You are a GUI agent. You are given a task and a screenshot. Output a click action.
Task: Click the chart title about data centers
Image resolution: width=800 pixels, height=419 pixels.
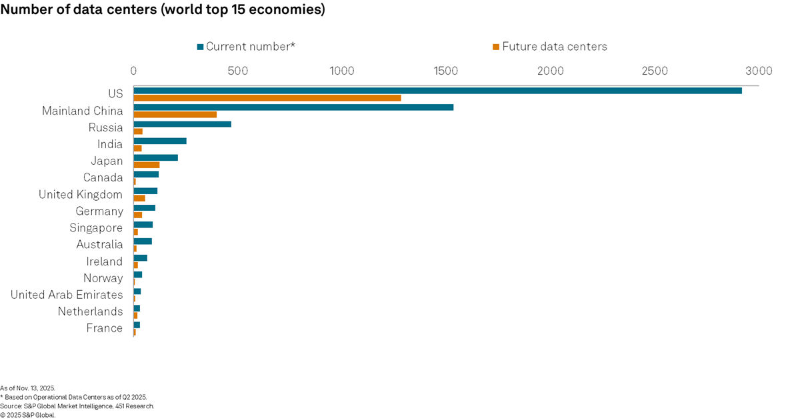click(163, 11)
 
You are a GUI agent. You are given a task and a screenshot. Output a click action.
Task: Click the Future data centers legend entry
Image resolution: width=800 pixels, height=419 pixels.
click(549, 47)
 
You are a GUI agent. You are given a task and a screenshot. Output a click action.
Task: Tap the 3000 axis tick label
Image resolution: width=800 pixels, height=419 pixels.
click(759, 71)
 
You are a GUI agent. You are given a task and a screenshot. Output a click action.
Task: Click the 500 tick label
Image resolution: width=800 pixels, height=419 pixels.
click(237, 71)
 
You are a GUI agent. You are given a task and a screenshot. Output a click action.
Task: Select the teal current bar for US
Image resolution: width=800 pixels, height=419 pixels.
click(437, 90)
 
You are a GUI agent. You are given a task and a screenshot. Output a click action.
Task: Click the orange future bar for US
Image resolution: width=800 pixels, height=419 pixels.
click(267, 98)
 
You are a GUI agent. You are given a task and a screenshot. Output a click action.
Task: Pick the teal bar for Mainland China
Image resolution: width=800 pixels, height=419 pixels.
click(293, 107)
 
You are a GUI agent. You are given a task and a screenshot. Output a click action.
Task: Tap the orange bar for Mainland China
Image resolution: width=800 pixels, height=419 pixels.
click(175, 115)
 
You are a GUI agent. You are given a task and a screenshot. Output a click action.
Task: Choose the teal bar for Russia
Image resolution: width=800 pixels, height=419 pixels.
click(182, 123)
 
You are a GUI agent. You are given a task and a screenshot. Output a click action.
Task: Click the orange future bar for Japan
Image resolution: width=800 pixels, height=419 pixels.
click(147, 165)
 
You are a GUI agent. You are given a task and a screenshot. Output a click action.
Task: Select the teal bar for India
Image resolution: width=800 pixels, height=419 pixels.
click(160, 141)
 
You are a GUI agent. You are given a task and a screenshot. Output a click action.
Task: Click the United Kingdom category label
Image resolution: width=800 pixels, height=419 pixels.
click(81, 195)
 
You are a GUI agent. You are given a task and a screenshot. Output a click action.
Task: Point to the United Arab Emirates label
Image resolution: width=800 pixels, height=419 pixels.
click(67, 295)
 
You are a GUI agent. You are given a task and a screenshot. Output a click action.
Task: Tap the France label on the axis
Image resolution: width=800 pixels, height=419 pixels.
click(105, 328)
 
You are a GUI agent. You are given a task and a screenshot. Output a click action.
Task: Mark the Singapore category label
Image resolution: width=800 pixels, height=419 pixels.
click(96, 228)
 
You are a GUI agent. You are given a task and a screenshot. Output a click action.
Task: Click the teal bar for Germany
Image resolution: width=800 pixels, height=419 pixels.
click(144, 207)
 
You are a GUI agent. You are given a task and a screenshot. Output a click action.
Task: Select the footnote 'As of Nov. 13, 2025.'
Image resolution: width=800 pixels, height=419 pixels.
click(28, 388)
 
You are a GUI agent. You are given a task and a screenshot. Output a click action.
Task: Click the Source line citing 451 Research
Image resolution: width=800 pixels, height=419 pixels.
click(77, 406)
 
